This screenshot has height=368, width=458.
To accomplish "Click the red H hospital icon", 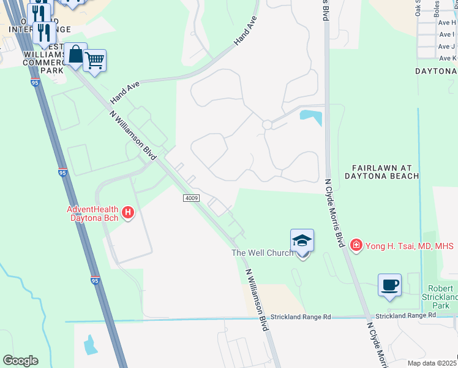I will coord(128,213).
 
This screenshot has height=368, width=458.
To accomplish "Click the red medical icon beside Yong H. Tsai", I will coord(356,245).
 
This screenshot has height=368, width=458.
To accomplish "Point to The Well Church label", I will coord(262,253).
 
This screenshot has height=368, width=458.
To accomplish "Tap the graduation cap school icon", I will coord(302,240).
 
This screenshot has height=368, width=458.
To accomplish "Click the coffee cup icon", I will coord(389,285).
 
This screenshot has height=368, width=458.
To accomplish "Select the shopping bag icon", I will coord(75,55).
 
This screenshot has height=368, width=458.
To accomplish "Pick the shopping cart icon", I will coord(94,61).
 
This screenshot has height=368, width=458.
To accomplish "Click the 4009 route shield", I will coord(191,198).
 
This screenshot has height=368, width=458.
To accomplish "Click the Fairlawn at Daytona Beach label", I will coord(386,172).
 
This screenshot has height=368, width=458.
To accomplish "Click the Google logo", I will coord(20,361).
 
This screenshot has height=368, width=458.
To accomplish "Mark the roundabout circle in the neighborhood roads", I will coord(267,125).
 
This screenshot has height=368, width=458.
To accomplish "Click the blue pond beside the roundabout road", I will coord(311,116).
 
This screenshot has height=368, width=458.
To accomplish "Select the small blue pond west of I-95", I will coord(90,345).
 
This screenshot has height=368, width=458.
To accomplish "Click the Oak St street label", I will coord(418,7).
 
